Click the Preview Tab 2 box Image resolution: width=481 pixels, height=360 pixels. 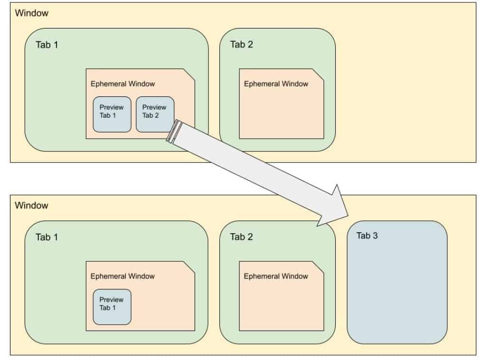[x=155, y=114]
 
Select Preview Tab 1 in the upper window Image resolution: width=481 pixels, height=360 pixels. [x=112, y=114]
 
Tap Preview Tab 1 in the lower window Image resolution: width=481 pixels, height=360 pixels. [x=112, y=307]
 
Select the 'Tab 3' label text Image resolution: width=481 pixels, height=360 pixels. [x=367, y=236]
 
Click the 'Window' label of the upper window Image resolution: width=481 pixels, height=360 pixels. [x=31, y=13]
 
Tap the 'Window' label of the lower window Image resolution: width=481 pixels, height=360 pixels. [x=31, y=206]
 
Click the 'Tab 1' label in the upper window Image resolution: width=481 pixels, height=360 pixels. [x=47, y=45]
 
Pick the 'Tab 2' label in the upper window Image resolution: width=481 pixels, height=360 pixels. [x=241, y=45]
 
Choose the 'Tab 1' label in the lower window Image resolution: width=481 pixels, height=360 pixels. [x=47, y=237]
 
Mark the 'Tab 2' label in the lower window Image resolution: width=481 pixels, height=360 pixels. [x=241, y=237]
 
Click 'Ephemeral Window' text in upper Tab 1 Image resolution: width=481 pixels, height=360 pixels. [x=123, y=84]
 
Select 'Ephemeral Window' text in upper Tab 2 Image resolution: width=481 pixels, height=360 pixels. [x=276, y=84]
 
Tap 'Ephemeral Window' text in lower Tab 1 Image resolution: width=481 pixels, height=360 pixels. [x=123, y=276]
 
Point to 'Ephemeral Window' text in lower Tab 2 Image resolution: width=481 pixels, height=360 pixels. [x=276, y=276]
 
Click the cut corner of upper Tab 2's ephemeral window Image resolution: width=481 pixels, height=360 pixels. [x=318, y=75]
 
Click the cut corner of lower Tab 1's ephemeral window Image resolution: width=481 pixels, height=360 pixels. [x=189, y=267]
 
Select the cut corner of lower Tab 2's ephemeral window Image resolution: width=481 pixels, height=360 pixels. [x=318, y=267]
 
